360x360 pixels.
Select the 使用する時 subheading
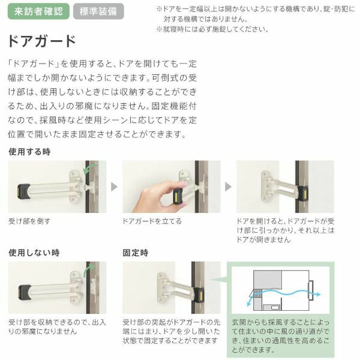tap(29, 152)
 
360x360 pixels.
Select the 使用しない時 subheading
tap(34, 252)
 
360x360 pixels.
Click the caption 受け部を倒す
tap(29, 221)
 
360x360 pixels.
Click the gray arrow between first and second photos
tap(114, 187)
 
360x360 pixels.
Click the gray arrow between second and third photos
tap(228, 187)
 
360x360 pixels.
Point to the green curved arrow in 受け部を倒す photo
tap(90, 173)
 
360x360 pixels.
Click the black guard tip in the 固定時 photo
tap(198, 294)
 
